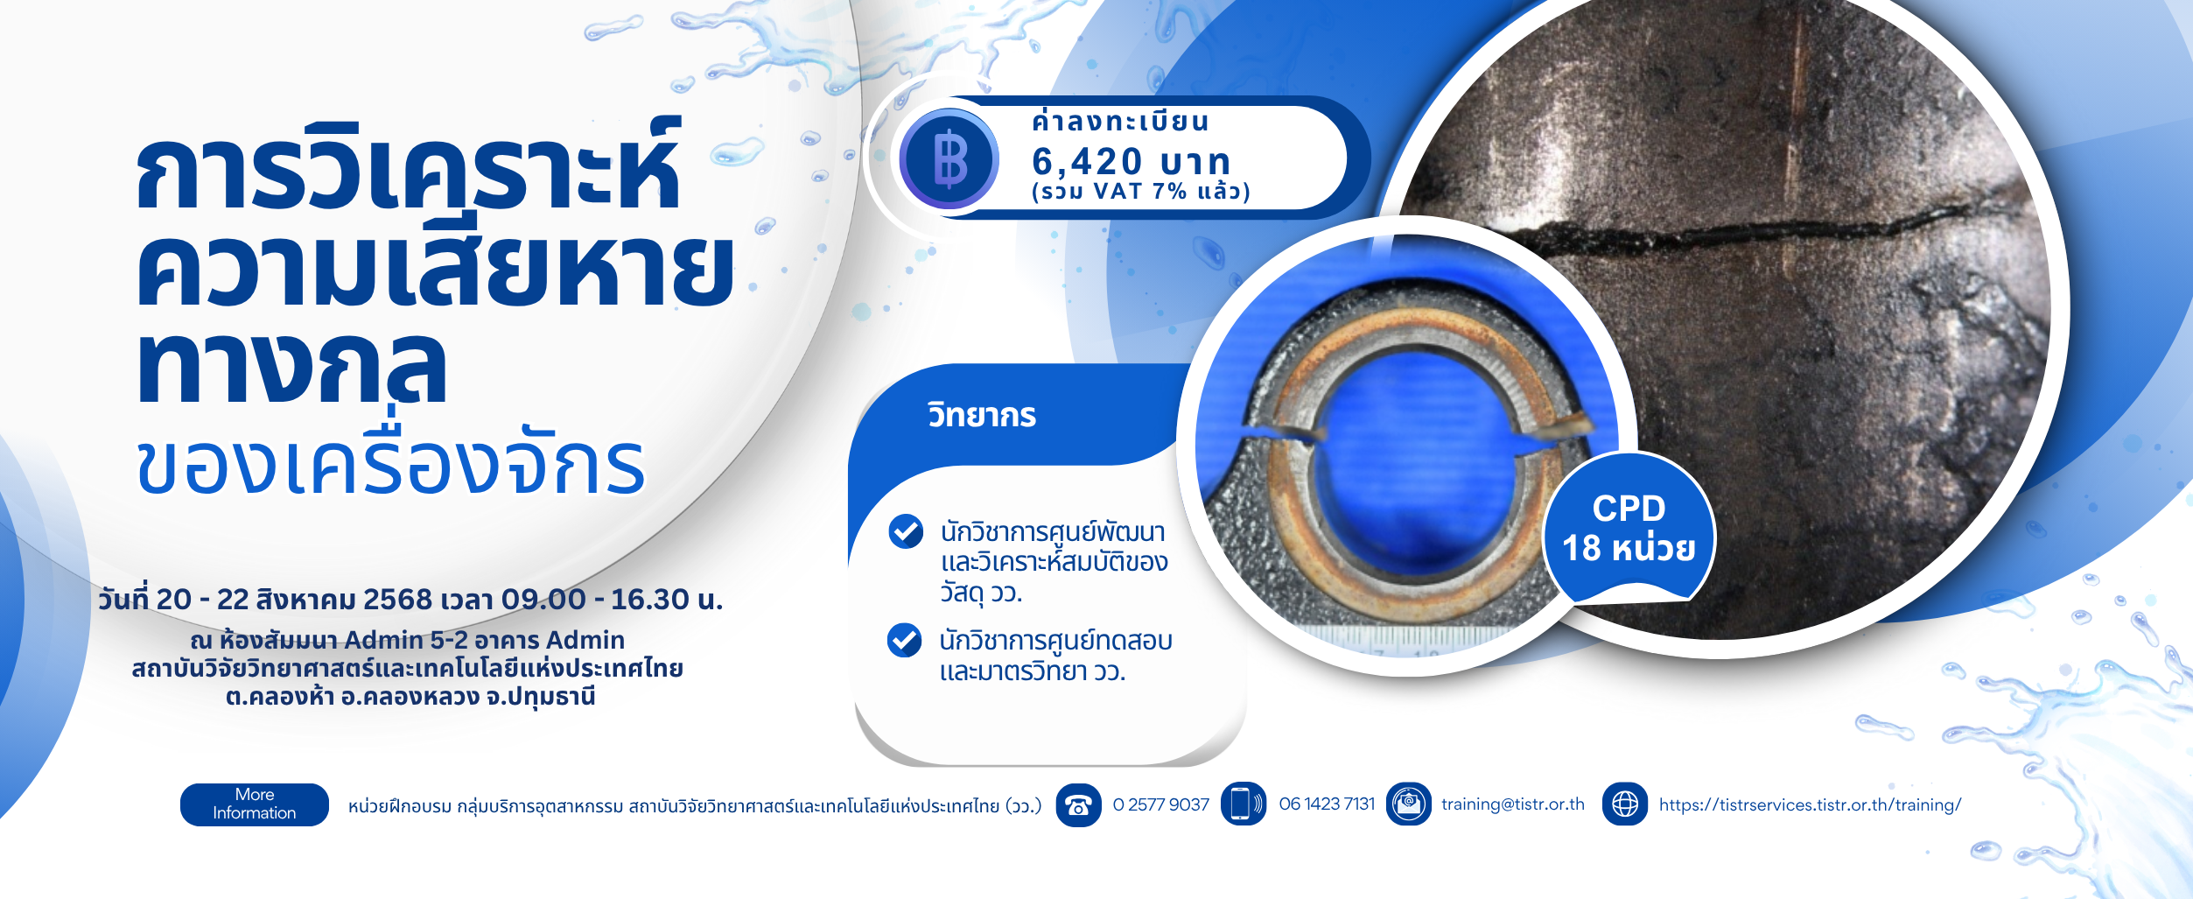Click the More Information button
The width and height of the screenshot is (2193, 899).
point(255,804)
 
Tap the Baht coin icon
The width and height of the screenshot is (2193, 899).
point(949,159)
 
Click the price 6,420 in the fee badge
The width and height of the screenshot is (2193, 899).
point(1087,161)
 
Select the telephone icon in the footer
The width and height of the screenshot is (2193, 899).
point(1078,804)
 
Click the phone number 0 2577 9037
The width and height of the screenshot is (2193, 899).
point(1160,804)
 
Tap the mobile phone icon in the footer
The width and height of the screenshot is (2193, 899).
point(1243,804)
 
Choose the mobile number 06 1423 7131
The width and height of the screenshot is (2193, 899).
point(1327,804)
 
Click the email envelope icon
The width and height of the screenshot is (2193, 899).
point(1409,804)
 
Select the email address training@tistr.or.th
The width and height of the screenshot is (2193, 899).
point(1512,804)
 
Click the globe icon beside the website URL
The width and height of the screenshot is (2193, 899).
point(1625,804)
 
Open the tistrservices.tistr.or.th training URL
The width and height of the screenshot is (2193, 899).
point(1810,804)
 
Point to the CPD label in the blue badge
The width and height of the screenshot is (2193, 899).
point(1629,509)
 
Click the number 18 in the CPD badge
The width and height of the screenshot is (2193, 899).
point(1581,548)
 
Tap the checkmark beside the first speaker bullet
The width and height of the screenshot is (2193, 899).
point(906,531)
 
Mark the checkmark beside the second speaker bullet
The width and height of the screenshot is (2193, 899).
point(905,640)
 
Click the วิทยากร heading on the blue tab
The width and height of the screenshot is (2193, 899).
point(982,415)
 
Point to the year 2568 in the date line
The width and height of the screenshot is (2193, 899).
point(397,600)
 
